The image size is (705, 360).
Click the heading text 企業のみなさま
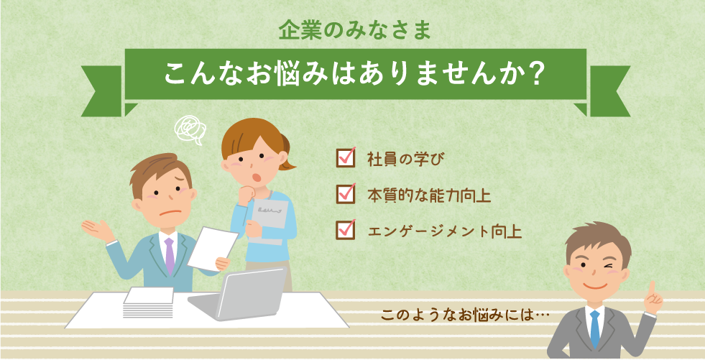coord(355,31)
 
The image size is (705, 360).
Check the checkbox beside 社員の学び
coord(346,157)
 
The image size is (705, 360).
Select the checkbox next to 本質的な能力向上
coord(346,194)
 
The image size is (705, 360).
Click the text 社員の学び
coord(406,159)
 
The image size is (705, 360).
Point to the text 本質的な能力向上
coord(429,195)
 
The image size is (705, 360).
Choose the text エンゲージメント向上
coord(445,232)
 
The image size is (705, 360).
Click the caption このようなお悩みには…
coord(466,315)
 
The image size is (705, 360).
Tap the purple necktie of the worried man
coord(169,255)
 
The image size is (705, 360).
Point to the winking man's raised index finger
coord(650,288)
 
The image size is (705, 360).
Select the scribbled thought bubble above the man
coord(190,129)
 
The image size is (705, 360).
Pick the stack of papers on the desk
coord(148,303)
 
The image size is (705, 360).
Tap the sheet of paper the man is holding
coord(212,248)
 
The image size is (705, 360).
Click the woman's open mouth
coord(257,177)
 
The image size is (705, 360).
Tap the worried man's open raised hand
coord(97,230)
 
